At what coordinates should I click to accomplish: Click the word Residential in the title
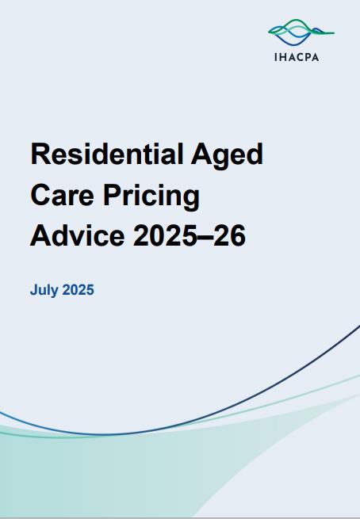107,155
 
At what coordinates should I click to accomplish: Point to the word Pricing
151,197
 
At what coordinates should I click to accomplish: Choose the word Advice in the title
78,235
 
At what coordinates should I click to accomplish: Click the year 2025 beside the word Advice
165,235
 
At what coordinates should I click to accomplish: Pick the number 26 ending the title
229,235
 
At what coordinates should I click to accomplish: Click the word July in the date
44,291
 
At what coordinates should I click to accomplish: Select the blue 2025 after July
79,290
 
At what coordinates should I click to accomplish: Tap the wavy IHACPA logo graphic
301,32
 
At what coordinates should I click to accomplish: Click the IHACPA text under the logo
297,57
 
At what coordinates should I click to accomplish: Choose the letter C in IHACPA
300,57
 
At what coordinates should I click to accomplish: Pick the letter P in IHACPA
308,57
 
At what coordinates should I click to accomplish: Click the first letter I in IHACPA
275,57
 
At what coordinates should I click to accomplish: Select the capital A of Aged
201,154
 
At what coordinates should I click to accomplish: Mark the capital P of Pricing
112,195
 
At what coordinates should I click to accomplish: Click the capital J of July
34,290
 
